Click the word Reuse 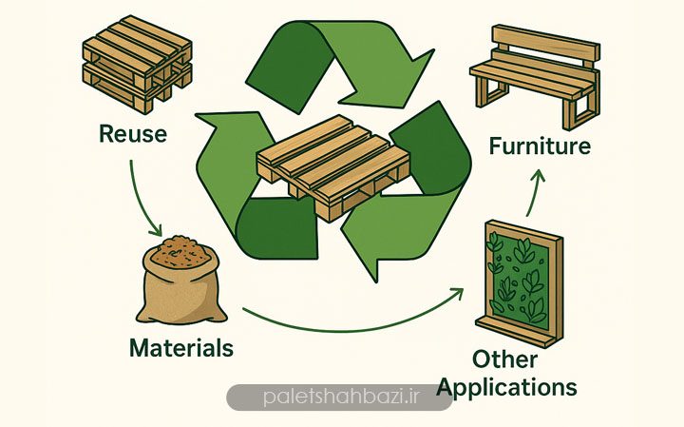point(132,134)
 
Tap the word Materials point(180,348)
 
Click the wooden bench point(534,80)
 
